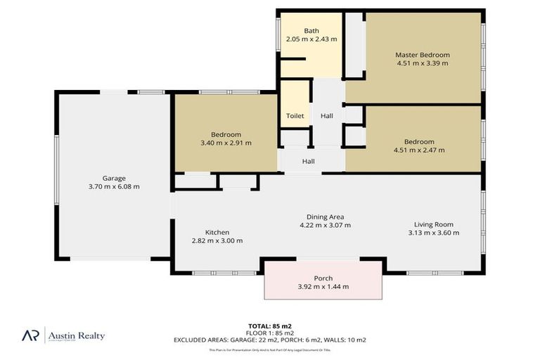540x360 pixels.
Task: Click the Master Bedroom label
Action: [x=422, y=55]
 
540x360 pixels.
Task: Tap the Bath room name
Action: [x=311, y=30]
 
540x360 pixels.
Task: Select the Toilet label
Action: [x=295, y=116]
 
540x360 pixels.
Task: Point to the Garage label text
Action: [x=114, y=178]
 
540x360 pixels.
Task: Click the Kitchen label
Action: [x=217, y=232]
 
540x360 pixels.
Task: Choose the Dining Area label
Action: [x=325, y=217]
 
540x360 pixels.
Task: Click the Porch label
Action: [x=323, y=278]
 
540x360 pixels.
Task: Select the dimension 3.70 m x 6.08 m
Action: [x=114, y=186]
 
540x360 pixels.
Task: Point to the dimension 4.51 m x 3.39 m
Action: [x=422, y=63]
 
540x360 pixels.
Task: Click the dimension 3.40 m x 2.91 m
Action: [x=226, y=143]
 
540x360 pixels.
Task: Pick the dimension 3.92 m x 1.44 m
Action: [x=323, y=286]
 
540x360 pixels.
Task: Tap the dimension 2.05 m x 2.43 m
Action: [x=311, y=39]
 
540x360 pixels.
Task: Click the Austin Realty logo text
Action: [x=76, y=336]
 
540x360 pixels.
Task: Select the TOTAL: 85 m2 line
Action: [x=270, y=326]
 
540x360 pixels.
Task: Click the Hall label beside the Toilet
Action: [x=327, y=116]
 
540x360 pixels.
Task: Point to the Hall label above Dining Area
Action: [x=308, y=162]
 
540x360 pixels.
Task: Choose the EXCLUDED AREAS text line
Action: [x=270, y=340]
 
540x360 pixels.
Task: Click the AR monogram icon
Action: [x=30, y=336]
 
